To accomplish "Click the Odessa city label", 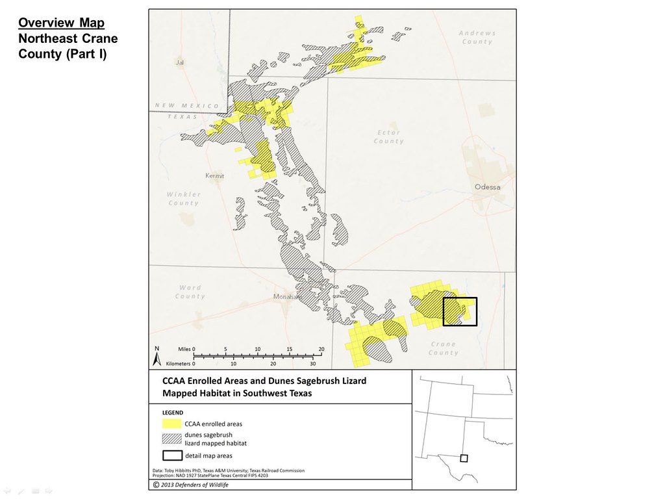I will (x=488, y=187).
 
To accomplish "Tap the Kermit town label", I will (x=214, y=176).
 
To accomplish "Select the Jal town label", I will (x=180, y=63).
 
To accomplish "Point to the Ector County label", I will (x=388, y=136).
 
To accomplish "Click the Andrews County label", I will (x=477, y=37).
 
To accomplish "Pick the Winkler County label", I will (x=183, y=198).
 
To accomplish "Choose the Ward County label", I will (x=190, y=292).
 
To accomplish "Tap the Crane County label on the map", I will (x=443, y=348).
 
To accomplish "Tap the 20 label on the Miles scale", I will (x=321, y=349).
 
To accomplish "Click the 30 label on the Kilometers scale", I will (x=313, y=364).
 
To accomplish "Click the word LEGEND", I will (x=172, y=412).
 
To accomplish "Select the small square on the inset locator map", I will (x=463, y=457).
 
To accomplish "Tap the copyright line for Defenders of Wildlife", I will (x=191, y=484).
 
